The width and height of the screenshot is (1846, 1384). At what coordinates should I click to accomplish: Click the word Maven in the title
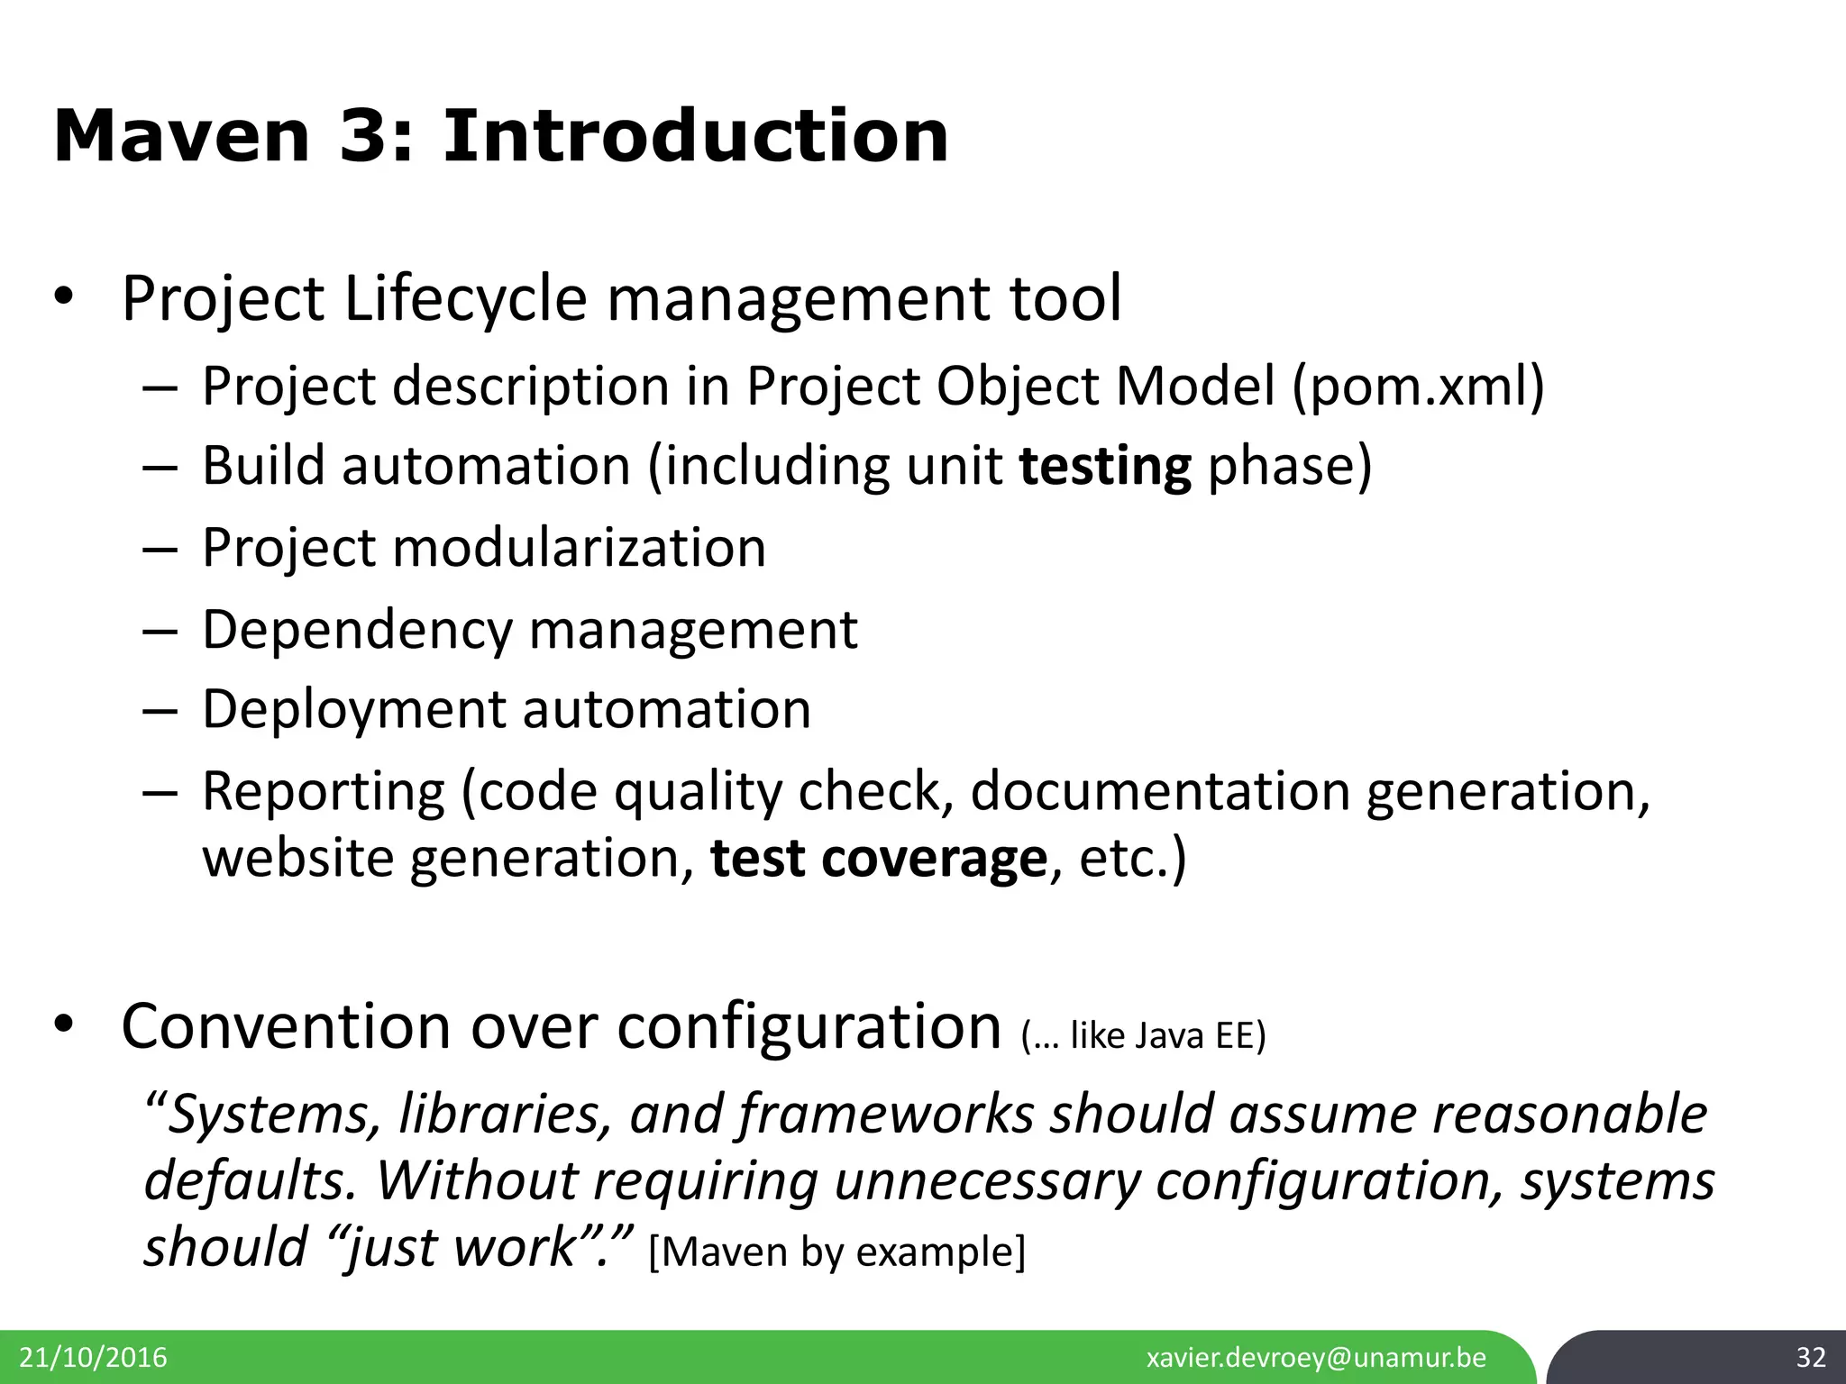click(181, 137)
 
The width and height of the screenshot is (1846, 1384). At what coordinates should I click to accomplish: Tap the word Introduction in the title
click(695, 137)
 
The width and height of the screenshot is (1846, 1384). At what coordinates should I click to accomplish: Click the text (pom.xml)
click(1419, 387)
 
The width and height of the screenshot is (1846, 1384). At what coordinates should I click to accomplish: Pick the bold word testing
click(1105, 467)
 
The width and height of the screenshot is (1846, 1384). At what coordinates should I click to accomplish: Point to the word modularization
click(579, 547)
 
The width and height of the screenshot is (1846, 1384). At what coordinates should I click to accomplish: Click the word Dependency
click(357, 629)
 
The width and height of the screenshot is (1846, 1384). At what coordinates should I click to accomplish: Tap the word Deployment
click(353, 708)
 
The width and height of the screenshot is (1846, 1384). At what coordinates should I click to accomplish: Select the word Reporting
click(323, 791)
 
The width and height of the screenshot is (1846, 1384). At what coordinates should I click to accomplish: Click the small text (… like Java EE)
click(1143, 1036)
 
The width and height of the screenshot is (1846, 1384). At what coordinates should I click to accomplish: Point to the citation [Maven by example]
click(836, 1252)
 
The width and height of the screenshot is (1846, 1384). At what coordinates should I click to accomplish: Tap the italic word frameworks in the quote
click(885, 1114)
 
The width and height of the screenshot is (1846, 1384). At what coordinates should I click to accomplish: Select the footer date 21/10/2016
click(93, 1357)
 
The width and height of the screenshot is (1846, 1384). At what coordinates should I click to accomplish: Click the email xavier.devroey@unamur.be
click(1316, 1357)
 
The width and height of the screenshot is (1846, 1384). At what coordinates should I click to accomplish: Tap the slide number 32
click(1810, 1357)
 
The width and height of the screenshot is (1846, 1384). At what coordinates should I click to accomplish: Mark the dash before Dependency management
click(159, 631)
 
